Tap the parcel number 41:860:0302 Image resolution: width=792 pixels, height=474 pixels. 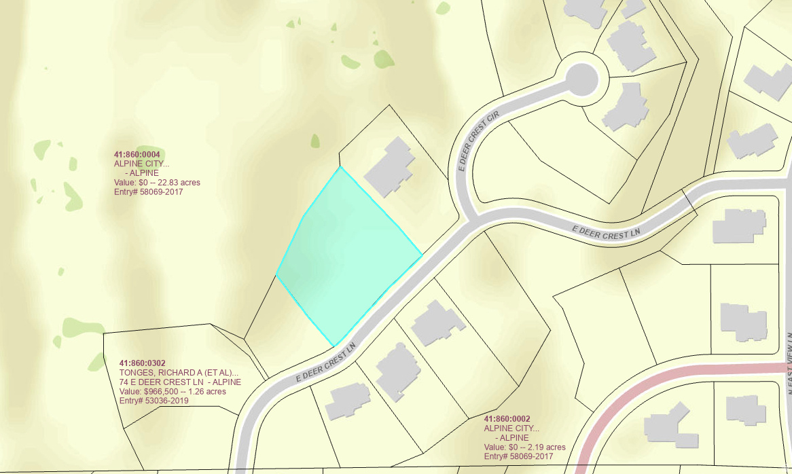coord(143,363)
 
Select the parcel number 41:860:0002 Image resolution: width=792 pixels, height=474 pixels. coord(507,419)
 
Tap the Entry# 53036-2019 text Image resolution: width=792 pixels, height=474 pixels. coord(154,401)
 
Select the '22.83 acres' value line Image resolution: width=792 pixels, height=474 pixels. coord(157,183)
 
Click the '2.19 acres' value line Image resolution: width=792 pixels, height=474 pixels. coord(524,448)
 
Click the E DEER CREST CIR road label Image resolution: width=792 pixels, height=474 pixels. coord(480,141)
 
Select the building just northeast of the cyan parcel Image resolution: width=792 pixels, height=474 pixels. coord(389,166)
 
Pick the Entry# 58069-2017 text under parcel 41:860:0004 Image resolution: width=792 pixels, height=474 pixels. coord(148,192)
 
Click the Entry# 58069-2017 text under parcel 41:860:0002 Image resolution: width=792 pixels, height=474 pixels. coord(518,457)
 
